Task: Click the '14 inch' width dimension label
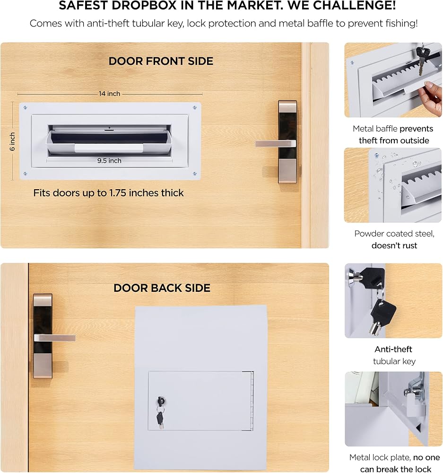pyautogui.click(x=110, y=94)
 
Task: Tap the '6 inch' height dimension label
pyautogui.click(x=12, y=141)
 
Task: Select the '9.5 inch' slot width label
pyautogui.click(x=109, y=161)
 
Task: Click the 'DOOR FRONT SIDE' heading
pyautogui.click(x=161, y=61)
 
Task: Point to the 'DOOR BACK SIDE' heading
pyautogui.click(x=162, y=288)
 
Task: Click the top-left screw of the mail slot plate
pyautogui.click(x=26, y=108)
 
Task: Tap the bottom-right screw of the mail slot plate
pyautogui.click(x=195, y=174)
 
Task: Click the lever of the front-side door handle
pyautogui.click(x=276, y=143)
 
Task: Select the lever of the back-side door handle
pyautogui.click(x=54, y=338)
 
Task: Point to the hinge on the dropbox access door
pyautogui.click(x=252, y=401)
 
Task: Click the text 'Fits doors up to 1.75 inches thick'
pyautogui.click(x=109, y=193)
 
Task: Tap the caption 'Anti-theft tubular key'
pyautogui.click(x=394, y=355)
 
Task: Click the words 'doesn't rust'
pyautogui.click(x=394, y=245)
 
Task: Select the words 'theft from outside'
pyautogui.click(x=394, y=140)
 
